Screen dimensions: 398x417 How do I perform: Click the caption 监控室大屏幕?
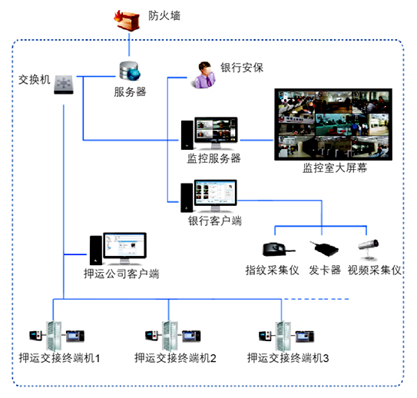tap(334, 168)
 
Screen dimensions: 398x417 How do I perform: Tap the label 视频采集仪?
tap(374, 270)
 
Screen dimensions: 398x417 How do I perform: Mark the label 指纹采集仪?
tap(272, 270)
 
